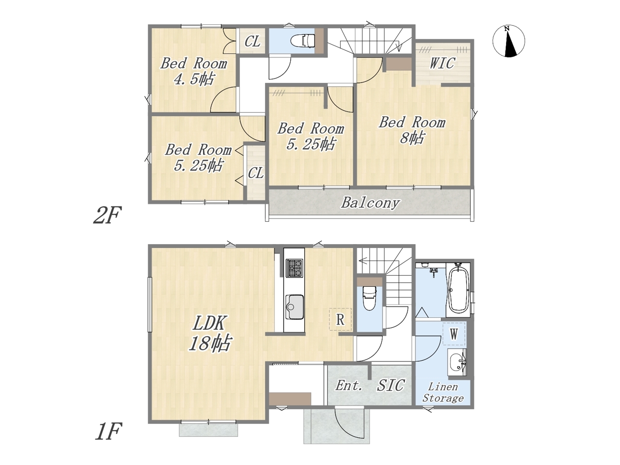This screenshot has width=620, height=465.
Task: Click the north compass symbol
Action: tap(509, 41)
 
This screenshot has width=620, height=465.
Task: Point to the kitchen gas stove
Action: tap(294, 268)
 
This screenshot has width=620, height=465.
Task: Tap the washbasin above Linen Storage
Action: tap(457, 362)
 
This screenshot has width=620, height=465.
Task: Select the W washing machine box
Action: tap(454, 334)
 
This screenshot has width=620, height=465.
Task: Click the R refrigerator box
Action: tap(341, 319)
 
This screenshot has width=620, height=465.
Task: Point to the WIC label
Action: tap(442, 63)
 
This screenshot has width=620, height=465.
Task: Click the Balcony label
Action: tap(371, 203)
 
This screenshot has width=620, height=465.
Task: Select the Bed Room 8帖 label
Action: tap(412, 130)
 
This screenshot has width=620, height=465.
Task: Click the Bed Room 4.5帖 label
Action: tap(194, 71)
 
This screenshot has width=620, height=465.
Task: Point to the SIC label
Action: tap(390, 385)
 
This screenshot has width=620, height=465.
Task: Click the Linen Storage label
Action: tap(443, 392)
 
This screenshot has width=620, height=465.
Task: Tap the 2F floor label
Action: tap(108, 215)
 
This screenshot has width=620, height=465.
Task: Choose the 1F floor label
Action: tap(108, 431)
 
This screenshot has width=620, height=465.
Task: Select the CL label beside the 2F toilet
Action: tap(252, 42)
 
